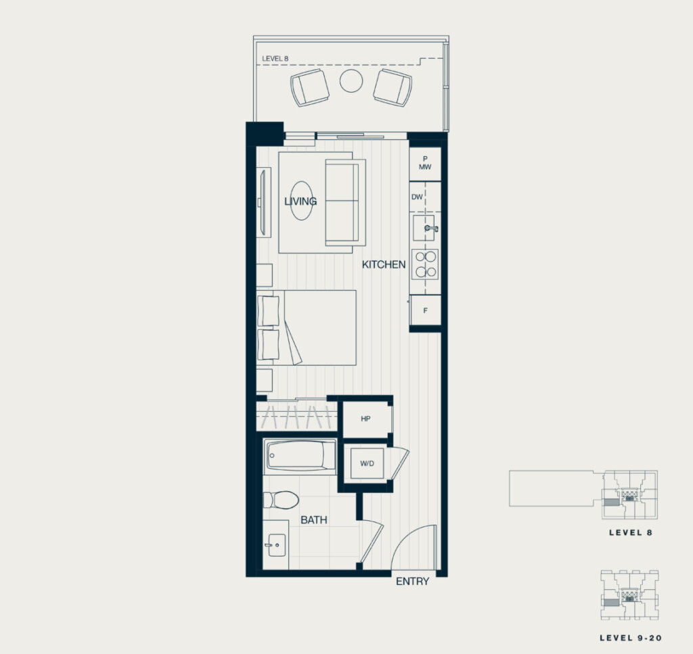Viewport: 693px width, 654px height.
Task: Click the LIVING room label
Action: coord(300,202)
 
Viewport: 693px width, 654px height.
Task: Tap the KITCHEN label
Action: coord(384,264)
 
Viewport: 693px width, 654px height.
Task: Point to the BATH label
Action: coord(314,520)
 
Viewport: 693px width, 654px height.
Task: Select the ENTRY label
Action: coord(412,581)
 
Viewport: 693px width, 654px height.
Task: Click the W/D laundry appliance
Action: coord(367,463)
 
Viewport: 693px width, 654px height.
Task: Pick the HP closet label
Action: coord(365,419)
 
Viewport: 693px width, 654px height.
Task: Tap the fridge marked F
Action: coord(425,310)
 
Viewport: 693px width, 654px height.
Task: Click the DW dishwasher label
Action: coord(417,197)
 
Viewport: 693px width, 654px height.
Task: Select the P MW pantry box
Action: coord(425,164)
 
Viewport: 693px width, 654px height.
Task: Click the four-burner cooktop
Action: coord(425,264)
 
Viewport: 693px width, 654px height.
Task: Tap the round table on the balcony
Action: coord(351,80)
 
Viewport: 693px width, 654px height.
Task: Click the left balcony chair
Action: coord(310,87)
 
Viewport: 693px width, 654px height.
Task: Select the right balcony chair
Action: coord(393,87)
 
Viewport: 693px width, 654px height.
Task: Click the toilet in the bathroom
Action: coord(281,499)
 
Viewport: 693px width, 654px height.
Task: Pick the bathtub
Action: coord(300,456)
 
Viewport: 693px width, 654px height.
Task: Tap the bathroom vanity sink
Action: coord(277,545)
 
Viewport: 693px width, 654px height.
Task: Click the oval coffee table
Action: coord(302,201)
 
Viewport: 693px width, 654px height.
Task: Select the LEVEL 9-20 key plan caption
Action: coord(631,638)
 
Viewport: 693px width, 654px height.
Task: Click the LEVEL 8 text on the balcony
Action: coord(275,58)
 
